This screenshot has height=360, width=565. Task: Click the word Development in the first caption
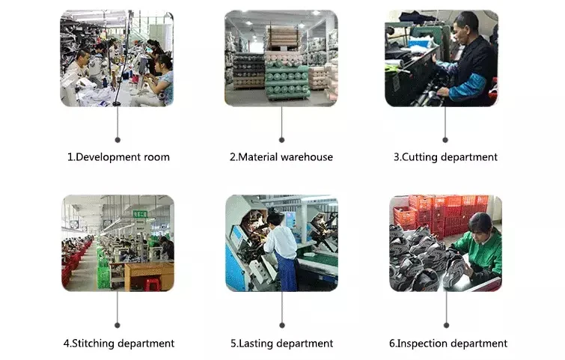(x=109, y=157)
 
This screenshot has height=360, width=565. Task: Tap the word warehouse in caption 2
(x=303, y=157)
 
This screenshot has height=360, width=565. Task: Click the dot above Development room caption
(x=117, y=139)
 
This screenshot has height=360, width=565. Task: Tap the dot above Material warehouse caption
(x=281, y=139)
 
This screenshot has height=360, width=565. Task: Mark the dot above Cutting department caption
(x=445, y=139)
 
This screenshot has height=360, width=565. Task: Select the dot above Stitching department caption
(x=117, y=326)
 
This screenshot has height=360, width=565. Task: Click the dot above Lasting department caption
(x=281, y=326)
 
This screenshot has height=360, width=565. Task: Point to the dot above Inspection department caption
(x=445, y=326)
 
